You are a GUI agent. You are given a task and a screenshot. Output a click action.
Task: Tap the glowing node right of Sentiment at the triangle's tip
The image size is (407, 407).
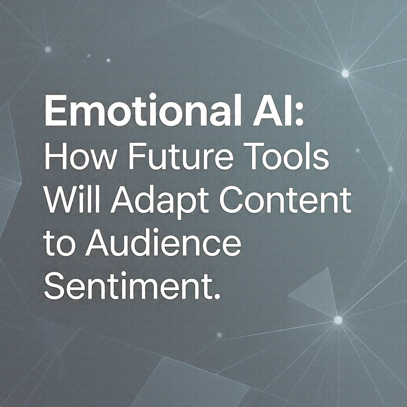338,320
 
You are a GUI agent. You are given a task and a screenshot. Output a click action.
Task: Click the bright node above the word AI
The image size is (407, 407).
345,74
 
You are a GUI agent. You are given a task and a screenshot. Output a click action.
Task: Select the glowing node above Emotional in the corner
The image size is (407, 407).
48,50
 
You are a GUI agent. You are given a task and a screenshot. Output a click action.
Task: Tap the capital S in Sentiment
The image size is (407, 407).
55,286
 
